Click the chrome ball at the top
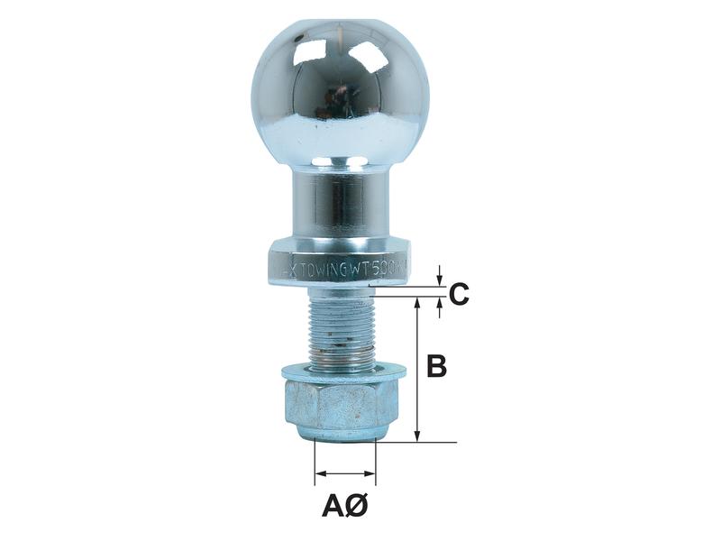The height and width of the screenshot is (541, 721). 342,90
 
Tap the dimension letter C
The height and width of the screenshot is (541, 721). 458,294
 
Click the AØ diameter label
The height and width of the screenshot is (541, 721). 344,506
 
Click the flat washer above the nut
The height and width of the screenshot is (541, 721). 342,371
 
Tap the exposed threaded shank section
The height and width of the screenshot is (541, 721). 341,329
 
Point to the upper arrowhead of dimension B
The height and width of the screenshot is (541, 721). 417,305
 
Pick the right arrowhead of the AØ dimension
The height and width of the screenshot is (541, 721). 370,472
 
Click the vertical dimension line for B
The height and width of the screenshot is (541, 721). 417,370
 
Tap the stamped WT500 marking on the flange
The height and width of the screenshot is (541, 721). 377,268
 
